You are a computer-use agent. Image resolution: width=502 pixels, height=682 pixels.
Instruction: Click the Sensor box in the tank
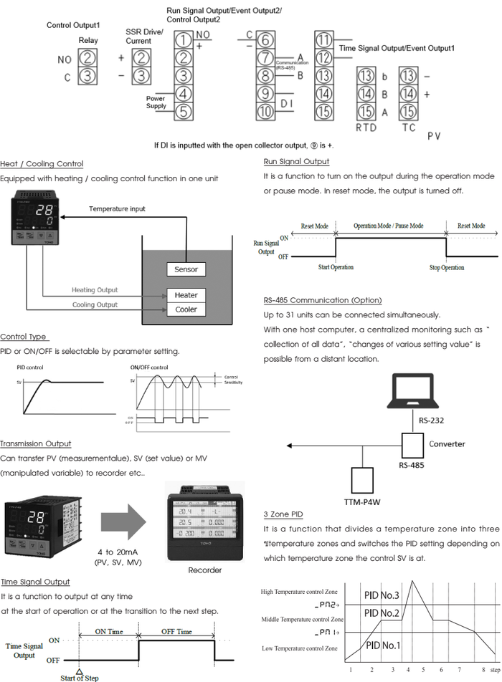pyautogui.click(x=186, y=269)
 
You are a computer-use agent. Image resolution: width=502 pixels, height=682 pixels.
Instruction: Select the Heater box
pyautogui.click(x=186, y=295)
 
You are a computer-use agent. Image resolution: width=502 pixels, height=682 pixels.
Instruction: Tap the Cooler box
pyautogui.click(x=186, y=309)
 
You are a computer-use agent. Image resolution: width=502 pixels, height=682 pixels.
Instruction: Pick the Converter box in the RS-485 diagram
pyautogui.click(x=413, y=446)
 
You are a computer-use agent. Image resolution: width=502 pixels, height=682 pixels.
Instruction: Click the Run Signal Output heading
pyautogui.click(x=296, y=162)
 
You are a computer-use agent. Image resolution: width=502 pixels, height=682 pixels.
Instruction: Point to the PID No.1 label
pyautogui.click(x=382, y=645)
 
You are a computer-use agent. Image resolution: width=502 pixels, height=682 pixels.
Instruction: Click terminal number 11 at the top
pyautogui.click(x=323, y=40)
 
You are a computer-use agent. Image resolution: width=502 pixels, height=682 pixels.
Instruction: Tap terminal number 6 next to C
pyautogui.click(x=265, y=40)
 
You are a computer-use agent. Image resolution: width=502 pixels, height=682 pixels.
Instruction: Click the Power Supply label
pyautogui.click(x=156, y=102)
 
